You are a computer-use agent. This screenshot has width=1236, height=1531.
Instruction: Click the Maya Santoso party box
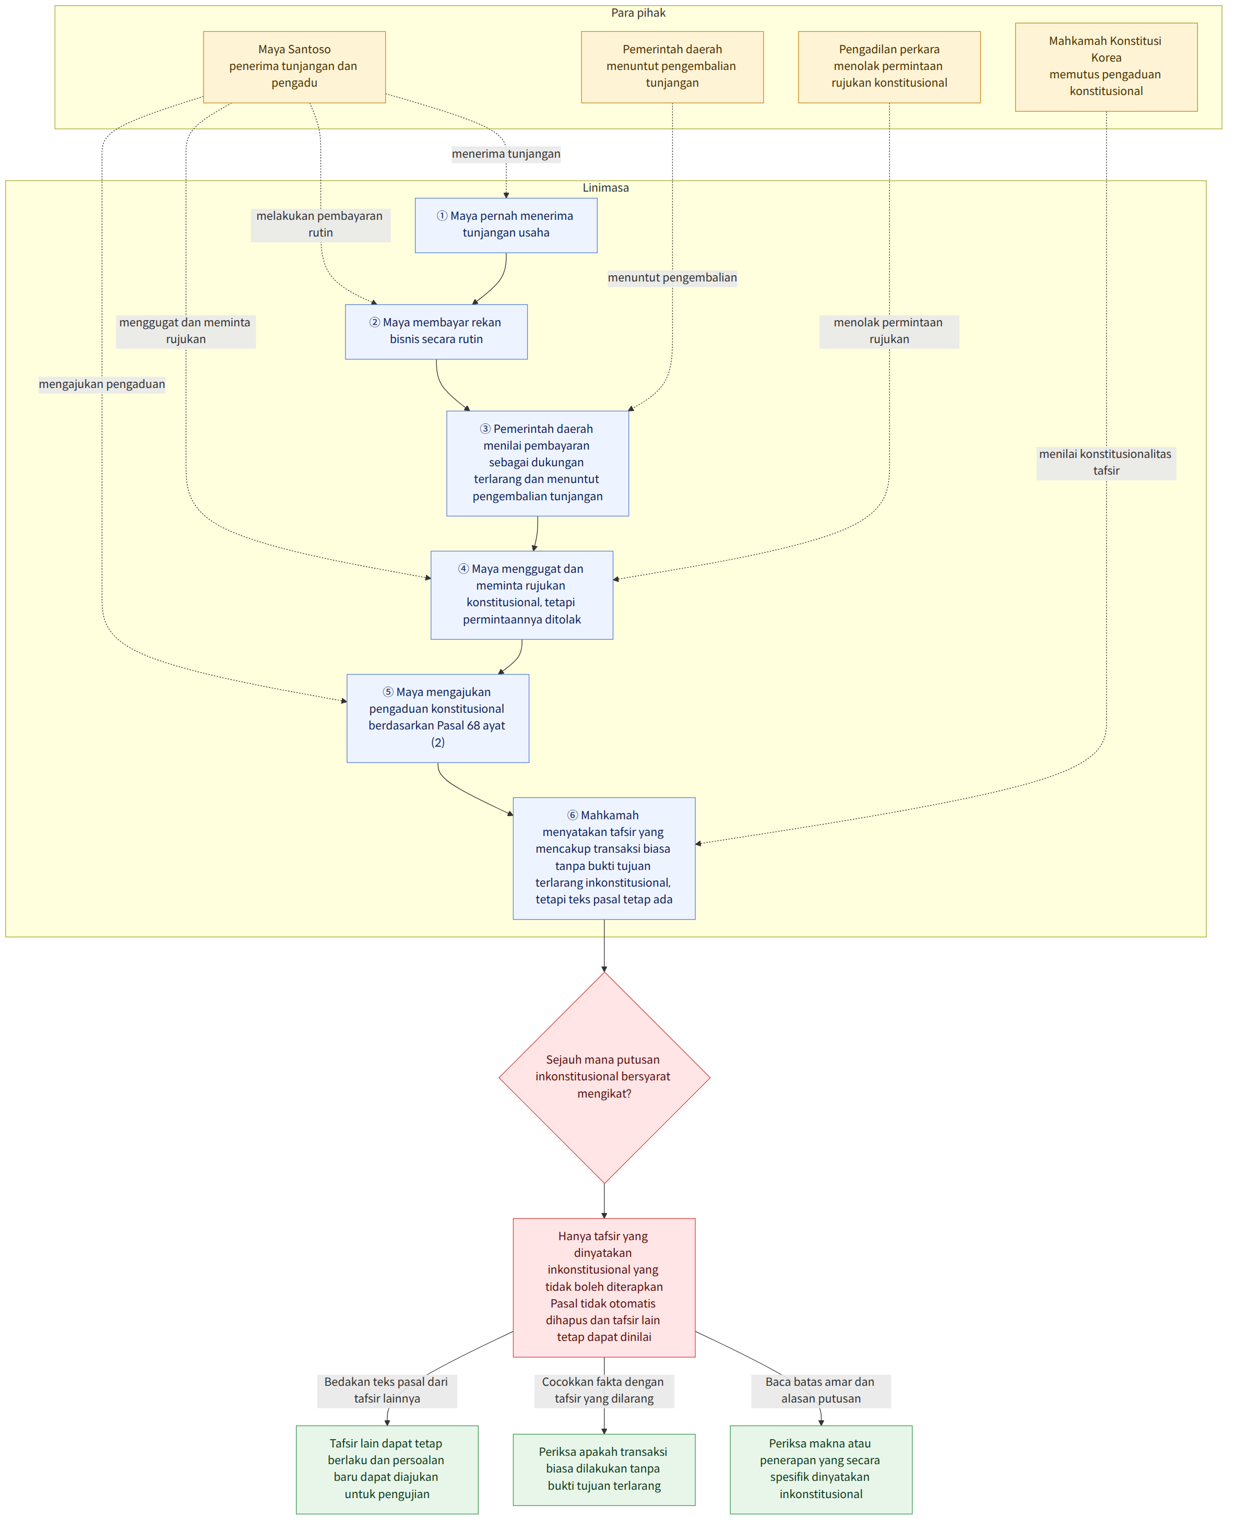click(x=294, y=67)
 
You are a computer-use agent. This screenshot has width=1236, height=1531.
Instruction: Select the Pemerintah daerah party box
click(x=672, y=67)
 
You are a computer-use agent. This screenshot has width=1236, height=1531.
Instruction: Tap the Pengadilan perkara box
click(x=889, y=67)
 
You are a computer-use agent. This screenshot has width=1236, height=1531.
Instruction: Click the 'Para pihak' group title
click(x=638, y=13)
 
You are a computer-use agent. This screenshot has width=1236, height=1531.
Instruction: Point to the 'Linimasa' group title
click(x=606, y=188)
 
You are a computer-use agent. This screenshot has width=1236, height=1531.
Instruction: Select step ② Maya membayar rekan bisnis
click(x=436, y=332)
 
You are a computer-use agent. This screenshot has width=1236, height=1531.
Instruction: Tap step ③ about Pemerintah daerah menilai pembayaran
click(x=538, y=464)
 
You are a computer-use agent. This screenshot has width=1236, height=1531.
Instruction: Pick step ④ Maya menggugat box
click(x=522, y=595)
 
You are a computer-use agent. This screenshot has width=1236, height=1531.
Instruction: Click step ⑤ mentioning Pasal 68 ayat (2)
click(x=438, y=719)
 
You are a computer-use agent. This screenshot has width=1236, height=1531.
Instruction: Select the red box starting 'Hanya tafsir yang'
click(x=604, y=1288)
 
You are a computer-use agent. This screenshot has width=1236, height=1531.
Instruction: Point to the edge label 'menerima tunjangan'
click(x=506, y=154)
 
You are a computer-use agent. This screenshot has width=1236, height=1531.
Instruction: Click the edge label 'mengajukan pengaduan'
click(x=102, y=384)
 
